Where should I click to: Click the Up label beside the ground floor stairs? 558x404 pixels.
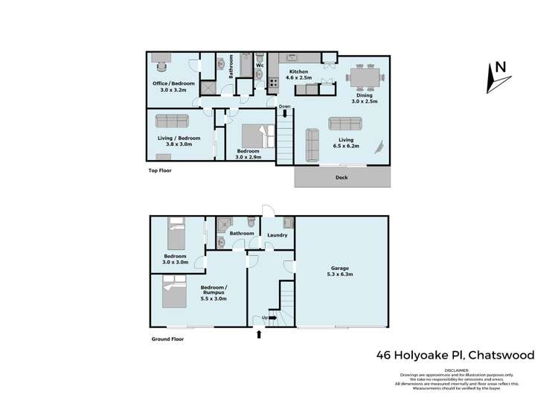263,318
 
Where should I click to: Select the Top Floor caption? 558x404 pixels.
159,170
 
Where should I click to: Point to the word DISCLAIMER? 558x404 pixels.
456,369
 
